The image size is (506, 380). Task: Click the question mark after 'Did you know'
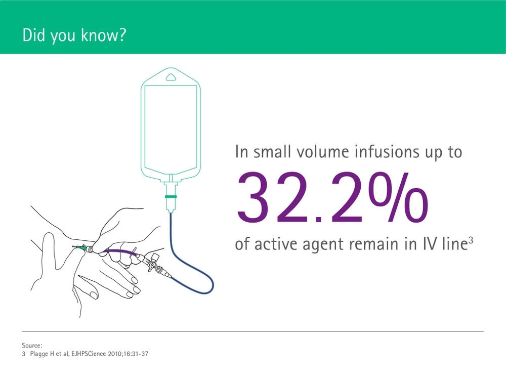121,35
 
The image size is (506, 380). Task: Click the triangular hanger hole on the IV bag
171,77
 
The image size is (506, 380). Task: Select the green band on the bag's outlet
171,196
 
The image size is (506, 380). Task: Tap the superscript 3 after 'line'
471,240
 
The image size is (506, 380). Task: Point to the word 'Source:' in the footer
32,346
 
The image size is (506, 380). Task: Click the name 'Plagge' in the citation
39,354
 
